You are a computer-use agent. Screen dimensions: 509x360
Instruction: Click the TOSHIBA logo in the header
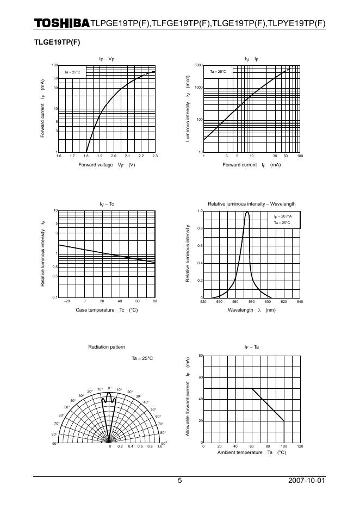coord(61,23)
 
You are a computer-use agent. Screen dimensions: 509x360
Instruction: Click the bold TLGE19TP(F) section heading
coord(57,41)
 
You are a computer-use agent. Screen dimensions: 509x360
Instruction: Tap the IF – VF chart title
coord(107,59)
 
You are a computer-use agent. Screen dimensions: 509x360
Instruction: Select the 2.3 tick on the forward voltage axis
coord(155,156)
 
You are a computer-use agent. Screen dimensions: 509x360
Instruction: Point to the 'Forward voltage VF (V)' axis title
coord(107,164)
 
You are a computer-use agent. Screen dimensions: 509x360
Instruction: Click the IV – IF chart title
coord(251,59)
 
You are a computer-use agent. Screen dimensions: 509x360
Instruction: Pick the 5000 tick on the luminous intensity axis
coord(198,65)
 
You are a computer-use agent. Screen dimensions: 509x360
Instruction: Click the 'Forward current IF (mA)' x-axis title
coord(251,164)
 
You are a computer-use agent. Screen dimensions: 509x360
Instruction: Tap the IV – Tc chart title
coord(107,204)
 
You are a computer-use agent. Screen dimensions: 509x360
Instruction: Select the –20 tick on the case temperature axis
coord(66,301)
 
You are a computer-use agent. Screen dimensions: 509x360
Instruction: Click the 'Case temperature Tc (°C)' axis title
coord(107,309)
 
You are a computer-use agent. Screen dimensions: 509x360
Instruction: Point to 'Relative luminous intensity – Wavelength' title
coord(251,204)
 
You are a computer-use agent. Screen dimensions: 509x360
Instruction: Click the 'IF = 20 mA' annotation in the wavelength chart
coord(283,216)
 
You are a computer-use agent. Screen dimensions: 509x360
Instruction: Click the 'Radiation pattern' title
coord(107,346)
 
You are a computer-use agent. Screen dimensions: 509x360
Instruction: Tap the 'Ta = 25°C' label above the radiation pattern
coord(142,358)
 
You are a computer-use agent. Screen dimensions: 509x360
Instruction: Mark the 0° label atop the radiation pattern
coord(109,388)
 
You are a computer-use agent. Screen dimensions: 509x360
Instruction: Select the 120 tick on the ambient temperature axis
coord(300,446)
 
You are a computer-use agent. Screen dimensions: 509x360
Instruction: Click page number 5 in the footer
coord(180,481)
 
